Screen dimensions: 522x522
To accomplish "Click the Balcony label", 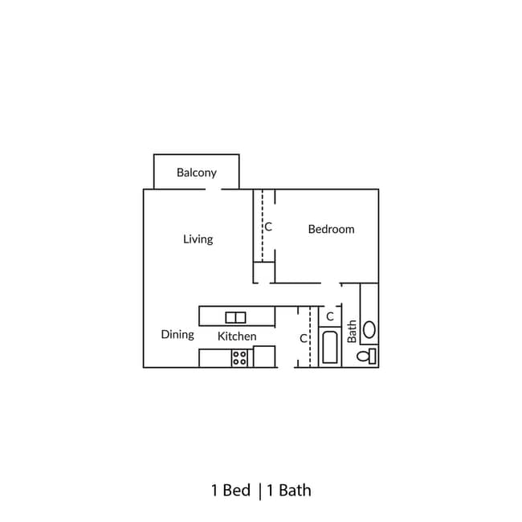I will point(197,173).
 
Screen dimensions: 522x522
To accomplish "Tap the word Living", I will point(198,239).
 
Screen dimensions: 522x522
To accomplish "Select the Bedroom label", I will point(331,230).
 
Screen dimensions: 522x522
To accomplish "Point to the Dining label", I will point(177,335).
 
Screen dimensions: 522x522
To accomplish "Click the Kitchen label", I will point(237,336).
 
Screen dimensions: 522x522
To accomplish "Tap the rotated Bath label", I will point(352,332).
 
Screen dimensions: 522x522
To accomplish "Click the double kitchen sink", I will point(235,317).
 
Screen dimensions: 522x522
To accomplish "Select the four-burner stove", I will point(239,357).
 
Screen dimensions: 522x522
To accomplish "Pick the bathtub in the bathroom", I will point(330,349).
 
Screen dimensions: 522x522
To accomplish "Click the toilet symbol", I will point(367,356).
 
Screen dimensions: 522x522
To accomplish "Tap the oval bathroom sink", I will point(369,328).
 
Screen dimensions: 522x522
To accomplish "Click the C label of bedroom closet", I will point(268,227).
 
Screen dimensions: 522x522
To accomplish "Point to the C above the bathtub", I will point(330,316).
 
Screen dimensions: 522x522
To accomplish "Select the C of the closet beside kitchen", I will point(304,339).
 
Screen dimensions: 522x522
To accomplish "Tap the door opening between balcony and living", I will point(212,190).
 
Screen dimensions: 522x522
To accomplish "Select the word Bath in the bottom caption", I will point(295,490).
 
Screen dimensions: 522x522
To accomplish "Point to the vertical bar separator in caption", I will point(260,490).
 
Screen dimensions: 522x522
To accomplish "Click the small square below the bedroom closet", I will point(264,273).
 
